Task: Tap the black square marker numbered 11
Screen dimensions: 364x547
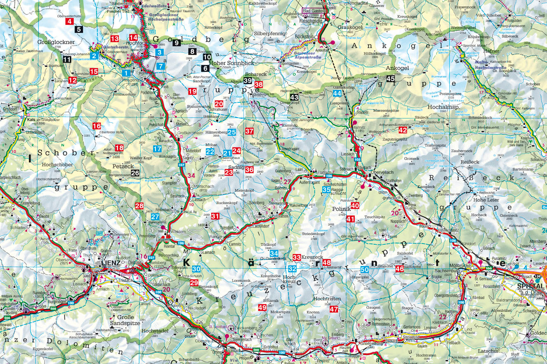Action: click(67, 59)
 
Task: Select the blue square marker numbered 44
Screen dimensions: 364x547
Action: click(337, 93)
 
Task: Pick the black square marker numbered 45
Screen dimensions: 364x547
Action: click(390, 79)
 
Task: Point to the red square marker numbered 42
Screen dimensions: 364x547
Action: click(403, 130)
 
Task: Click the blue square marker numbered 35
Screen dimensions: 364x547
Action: click(326, 190)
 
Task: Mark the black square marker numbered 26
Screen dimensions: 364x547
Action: click(135, 173)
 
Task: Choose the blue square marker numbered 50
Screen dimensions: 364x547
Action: click(364, 269)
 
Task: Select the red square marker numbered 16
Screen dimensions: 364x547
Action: click(97, 126)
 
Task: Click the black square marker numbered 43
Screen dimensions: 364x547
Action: click(294, 97)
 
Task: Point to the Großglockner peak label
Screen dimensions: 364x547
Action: click(56, 42)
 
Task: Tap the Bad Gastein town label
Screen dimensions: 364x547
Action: click(314, 10)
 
